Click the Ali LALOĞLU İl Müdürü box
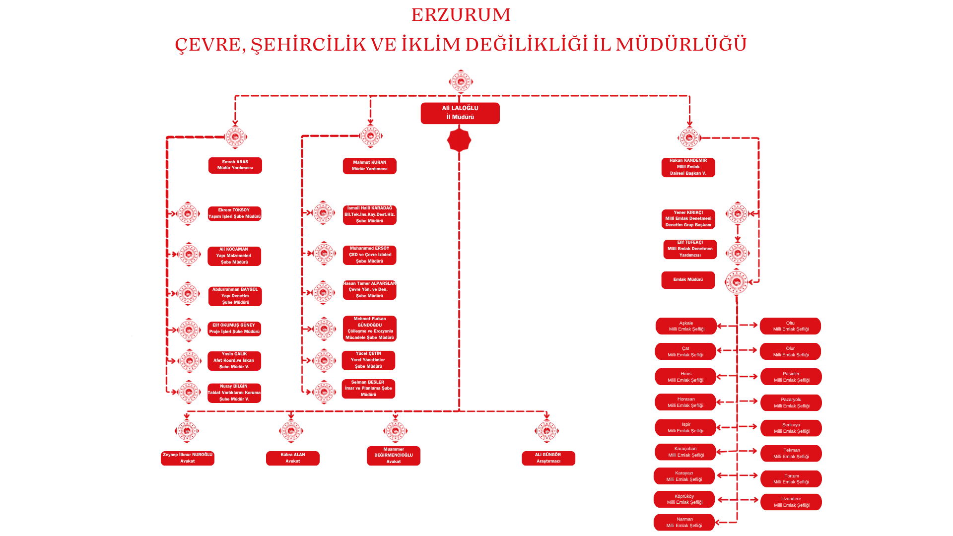coord(460,113)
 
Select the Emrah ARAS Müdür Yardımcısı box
coord(235,165)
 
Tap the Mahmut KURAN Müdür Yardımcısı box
coord(370,166)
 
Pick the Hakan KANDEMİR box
coord(688,167)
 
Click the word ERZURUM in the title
coord(461,15)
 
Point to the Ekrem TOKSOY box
coord(234,213)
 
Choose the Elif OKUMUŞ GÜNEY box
coord(234,329)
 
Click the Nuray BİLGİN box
coord(234,393)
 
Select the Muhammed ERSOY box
coord(369,255)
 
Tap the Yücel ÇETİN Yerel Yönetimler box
coord(368,360)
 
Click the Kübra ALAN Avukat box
coord(293,458)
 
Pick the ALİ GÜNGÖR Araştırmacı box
coord(548,458)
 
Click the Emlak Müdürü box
coord(688,280)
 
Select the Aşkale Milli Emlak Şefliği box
coord(686,326)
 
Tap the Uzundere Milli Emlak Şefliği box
coord(791,502)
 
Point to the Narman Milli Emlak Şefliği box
coord(684,522)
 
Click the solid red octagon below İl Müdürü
coord(459,140)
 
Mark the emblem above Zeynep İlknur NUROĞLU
coord(187,431)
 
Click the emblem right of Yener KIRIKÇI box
coord(738,214)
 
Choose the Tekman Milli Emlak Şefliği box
coord(791,453)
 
